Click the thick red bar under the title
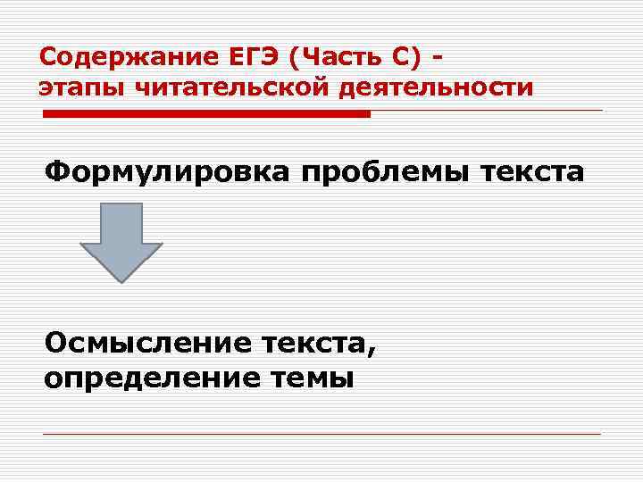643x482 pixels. click(206, 114)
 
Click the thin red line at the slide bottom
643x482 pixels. click(321, 434)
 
